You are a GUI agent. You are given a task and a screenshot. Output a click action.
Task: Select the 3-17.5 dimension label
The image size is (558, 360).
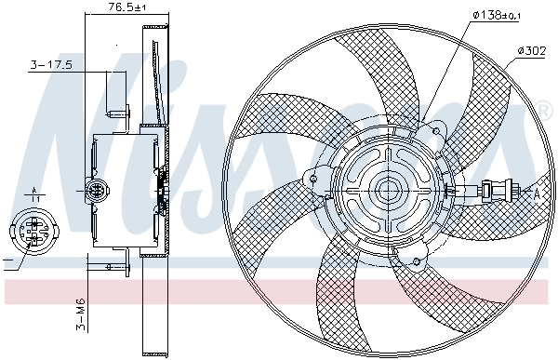52,66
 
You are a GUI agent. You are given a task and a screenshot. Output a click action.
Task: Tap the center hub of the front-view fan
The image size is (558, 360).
388,190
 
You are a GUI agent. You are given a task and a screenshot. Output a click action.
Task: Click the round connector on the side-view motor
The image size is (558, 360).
95,193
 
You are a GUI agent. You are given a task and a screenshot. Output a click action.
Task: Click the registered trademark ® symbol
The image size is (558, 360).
542,113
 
